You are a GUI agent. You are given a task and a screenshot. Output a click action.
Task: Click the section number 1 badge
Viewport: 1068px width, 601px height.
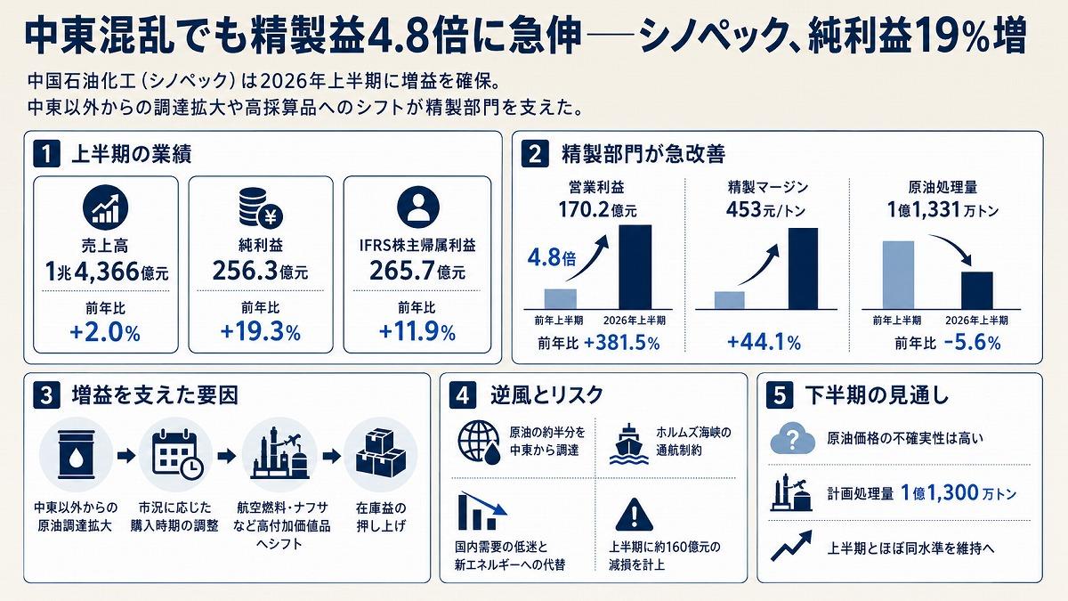(46, 154)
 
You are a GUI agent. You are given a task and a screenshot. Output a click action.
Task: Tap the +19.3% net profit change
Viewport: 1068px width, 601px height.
(260, 332)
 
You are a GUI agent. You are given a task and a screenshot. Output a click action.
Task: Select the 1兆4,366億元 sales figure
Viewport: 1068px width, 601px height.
(106, 272)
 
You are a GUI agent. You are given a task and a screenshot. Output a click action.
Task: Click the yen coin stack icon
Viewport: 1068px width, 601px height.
(260, 207)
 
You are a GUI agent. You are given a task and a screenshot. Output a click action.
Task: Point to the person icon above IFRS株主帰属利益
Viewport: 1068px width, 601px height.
(417, 207)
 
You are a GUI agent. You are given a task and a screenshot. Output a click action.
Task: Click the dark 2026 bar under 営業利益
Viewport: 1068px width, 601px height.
(635, 267)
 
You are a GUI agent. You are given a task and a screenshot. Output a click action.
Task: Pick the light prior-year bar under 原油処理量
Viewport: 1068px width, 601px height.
(898, 275)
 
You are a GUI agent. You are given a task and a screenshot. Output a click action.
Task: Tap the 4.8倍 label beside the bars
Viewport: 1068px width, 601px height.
(551, 258)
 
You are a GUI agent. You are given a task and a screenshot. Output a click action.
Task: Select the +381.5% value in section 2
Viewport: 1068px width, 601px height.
(622, 343)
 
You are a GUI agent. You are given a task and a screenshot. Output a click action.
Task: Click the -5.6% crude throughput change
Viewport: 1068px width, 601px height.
(972, 343)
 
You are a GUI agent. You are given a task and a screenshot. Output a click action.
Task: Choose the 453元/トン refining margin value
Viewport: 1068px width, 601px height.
(765, 210)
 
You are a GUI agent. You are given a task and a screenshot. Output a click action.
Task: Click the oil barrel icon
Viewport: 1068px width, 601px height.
(76, 455)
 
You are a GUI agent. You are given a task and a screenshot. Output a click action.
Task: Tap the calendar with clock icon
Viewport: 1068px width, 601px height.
(177, 454)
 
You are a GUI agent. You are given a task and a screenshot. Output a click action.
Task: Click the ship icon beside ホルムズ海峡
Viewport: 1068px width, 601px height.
(629, 444)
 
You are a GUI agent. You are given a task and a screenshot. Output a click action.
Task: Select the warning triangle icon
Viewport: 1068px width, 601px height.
(634, 515)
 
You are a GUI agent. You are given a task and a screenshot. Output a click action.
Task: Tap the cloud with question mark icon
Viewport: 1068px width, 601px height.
(792, 439)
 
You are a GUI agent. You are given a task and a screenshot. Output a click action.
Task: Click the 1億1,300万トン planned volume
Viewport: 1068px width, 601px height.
(959, 492)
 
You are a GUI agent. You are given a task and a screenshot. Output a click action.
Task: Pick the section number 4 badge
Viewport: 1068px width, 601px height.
(463, 396)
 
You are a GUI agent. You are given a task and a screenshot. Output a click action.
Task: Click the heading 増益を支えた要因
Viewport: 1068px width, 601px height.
(155, 395)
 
